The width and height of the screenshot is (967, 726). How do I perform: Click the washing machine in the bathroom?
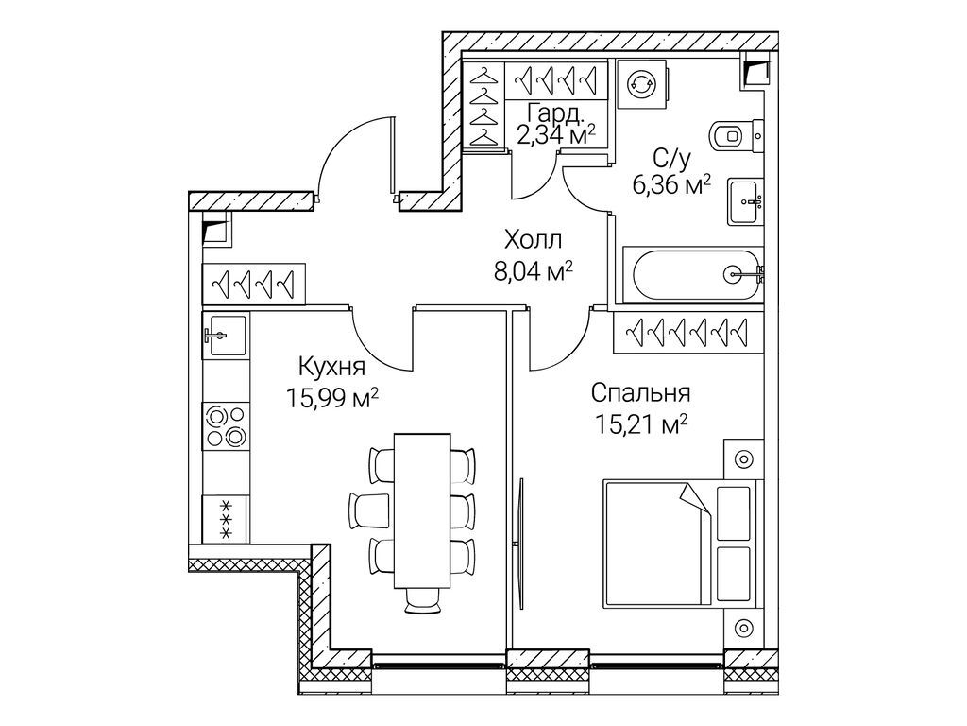[641, 83]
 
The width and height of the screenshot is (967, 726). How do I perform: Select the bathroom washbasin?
[746, 202]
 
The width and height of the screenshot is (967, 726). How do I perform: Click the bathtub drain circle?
[734, 273]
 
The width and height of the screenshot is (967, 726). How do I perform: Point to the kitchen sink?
[225, 335]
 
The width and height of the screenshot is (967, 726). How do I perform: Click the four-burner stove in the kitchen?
[226, 426]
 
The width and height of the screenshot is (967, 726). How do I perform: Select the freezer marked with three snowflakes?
[226, 519]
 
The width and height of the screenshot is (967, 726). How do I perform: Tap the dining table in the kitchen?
[422, 510]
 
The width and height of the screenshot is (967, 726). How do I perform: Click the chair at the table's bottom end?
[422, 600]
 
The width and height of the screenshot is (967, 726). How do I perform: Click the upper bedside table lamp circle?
[744, 459]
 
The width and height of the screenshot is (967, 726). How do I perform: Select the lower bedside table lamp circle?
[744, 628]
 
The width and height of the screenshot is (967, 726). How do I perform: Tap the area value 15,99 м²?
[331, 398]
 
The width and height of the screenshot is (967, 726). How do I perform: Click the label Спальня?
[641, 392]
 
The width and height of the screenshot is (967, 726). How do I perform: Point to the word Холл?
[533, 239]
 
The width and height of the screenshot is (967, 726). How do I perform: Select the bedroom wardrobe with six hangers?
[688, 333]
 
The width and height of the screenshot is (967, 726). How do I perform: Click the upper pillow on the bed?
[734, 514]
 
